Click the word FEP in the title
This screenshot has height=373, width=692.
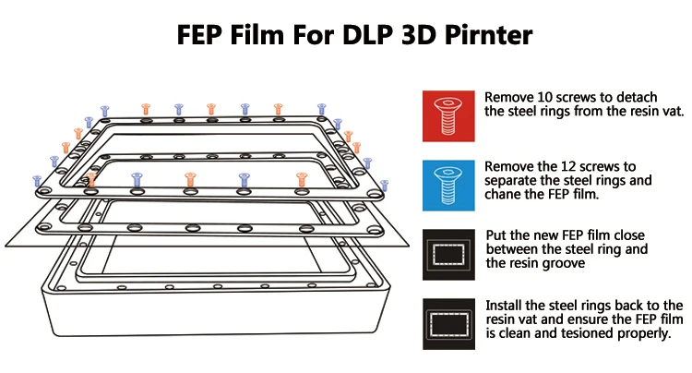point(205,36)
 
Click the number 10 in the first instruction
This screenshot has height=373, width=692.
point(544,97)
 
